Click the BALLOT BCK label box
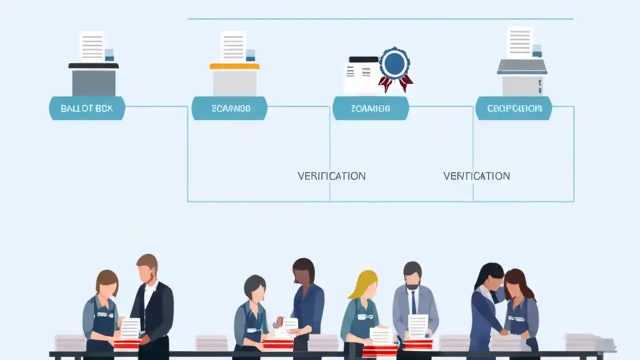(x=86, y=108)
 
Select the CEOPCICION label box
(x=513, y=108)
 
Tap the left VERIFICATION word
(x=331, y=176)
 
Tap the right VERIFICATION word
(x=476, y=176)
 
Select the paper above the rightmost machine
(x=519, y=42)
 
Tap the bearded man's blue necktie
(x=414, y=302)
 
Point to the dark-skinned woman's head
(x=303, y=271)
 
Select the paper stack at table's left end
(x=70, y=342)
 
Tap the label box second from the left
(x=229, y=108)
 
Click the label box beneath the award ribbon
(x=370, y=108)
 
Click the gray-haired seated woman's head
(x=254, y=287)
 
